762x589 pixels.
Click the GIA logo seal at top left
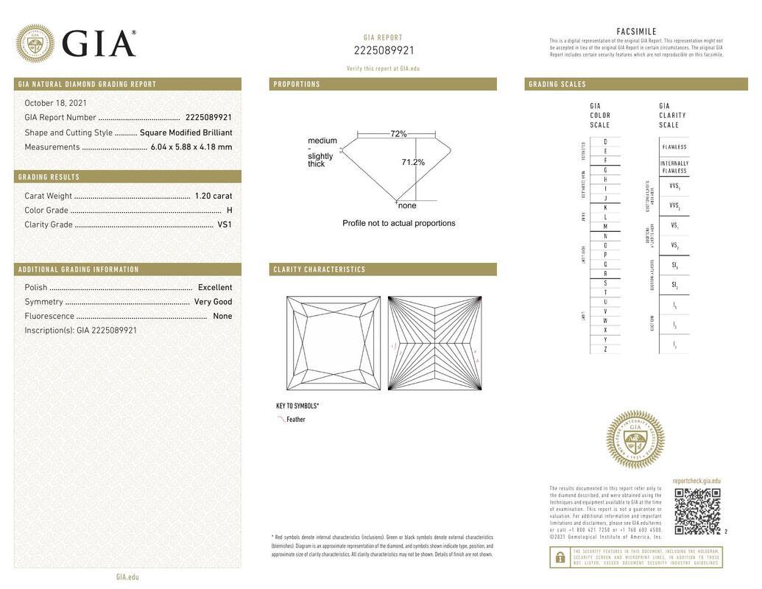pos(35,43)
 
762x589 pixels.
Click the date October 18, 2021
pos(55,103)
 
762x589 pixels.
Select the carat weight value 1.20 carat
pos(213,196)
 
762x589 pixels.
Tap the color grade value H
pos(229,211)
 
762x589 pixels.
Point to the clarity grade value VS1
pos(225,225)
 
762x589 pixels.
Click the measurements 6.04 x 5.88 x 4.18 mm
pos(191,147)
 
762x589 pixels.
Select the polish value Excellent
pos(215,287)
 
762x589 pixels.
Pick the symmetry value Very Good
pos(213,302)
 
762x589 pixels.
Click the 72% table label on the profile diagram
pos(398,134)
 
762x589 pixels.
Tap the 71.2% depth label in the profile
pos(413,162)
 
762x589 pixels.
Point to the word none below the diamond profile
pos(407,205)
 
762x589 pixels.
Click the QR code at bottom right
pos(697,511)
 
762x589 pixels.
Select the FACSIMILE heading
pos(636,32)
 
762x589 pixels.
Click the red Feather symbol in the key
pos(281,419)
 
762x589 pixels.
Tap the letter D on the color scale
pos(605,141)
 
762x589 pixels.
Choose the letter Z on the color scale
pos(605,349)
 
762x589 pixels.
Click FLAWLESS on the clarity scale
pos(674,147)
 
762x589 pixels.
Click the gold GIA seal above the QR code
pos(635,440)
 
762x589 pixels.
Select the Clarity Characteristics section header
pos(320,269)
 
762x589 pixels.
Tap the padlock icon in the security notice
pos(560,557)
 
